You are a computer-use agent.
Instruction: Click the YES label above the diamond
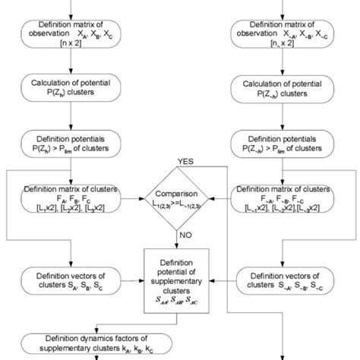tap(185, 162)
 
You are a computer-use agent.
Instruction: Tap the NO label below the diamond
tap(186, 236)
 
